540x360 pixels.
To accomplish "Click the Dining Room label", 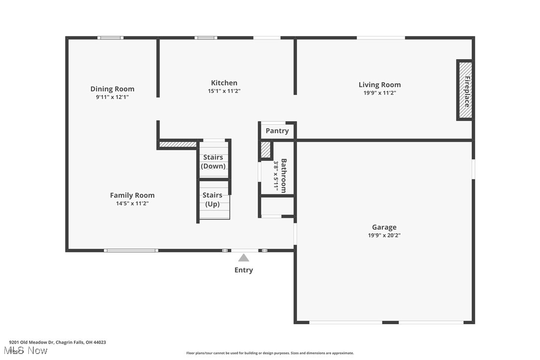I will (x=112, y=89).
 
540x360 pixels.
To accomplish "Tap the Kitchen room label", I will (x=224, y=83).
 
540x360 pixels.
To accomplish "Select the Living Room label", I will (x=379, y=85).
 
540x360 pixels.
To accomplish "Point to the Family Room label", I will (x=132, y=195).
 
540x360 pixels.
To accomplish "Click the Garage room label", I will (x=384, y=227).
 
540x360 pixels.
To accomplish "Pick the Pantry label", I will (x=277, y=131).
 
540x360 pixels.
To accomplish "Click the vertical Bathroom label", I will (x=283, y=175).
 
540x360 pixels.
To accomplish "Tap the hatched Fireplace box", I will (x=465, y=90).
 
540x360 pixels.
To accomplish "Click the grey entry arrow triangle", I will (x=244, y=258).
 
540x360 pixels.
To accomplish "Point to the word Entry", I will (x=244, y=270).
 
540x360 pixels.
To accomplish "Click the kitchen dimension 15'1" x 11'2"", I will (x=224, y=91).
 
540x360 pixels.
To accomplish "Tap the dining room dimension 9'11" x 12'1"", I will (x=112, y=97).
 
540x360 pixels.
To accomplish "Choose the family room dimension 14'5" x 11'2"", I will (x=132, y=203).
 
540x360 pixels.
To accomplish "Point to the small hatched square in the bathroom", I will (x=266, y=150).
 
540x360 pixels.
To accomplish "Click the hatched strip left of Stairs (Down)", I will (x=178, y=145).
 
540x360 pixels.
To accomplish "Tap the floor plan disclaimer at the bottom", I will (x=270, y=353).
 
